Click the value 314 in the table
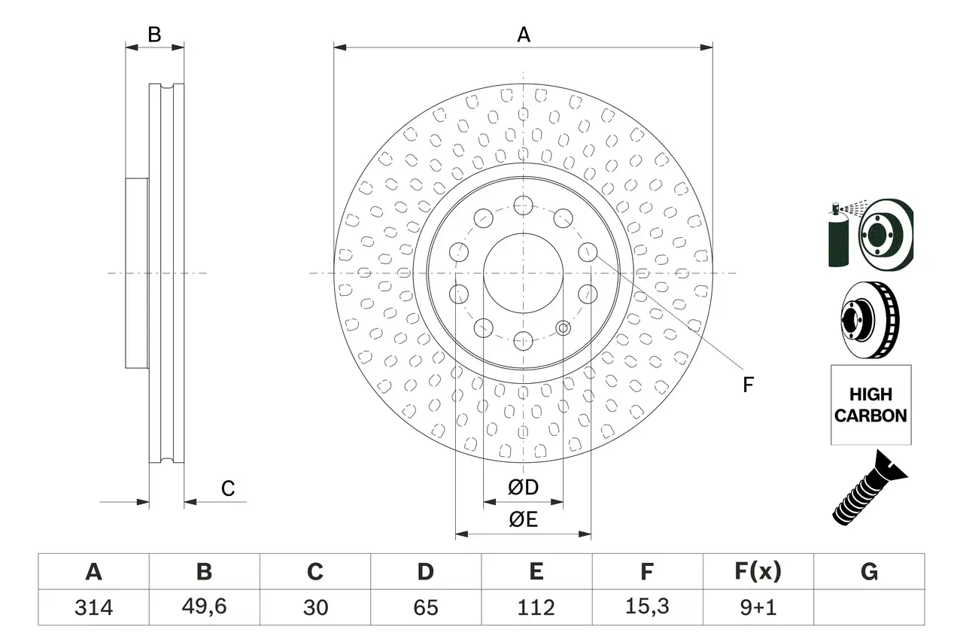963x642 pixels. pos(93,607)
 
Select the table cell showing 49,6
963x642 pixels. pos(204,607)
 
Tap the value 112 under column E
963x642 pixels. pos(536,607)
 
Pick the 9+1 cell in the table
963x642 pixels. pos(758,607)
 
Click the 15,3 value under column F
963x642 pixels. pos(646,607)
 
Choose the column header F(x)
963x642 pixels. pos(758,573)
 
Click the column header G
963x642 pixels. pos(869,573)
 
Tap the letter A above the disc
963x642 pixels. pos(523,35)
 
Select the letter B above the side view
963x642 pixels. pos(154,35)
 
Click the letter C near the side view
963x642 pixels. pos(228,489)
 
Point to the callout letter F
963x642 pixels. pos(748,385)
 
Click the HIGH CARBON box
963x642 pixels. pos(870,405)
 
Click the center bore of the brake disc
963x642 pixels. pos(523,272)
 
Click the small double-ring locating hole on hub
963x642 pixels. pos(564,327)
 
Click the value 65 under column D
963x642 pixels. pos(425,607)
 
